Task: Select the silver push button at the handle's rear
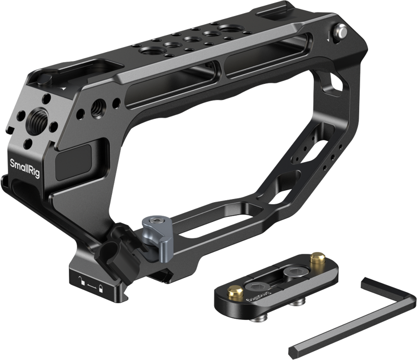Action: coord(342,32)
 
